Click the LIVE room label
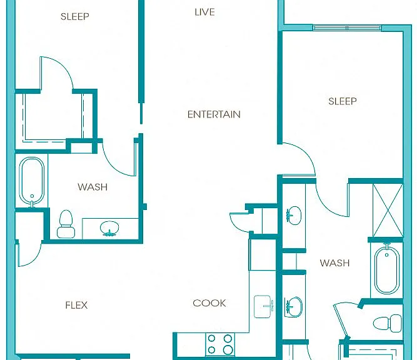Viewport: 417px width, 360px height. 204,12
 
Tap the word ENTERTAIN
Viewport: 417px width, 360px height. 214,114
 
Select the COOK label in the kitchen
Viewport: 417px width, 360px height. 209,303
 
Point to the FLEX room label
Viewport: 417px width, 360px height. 76,305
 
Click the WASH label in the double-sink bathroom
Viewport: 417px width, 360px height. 334,263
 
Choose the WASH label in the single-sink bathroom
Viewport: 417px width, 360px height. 93,187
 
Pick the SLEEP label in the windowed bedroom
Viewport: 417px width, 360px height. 342,101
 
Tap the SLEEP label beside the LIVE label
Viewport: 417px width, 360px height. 75,16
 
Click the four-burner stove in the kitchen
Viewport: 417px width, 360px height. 220,344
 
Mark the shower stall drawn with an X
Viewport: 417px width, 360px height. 388,210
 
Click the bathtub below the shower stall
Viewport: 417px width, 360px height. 387,269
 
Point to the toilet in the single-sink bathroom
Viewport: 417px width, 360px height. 66,224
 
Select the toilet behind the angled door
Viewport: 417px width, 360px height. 388,323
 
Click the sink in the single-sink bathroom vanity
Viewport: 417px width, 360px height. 109,228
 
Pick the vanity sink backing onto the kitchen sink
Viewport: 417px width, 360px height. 293,307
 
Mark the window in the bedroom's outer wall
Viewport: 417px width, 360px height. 347,28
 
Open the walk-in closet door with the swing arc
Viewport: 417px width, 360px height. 56,73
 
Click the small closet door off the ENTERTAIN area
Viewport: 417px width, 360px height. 240,221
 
